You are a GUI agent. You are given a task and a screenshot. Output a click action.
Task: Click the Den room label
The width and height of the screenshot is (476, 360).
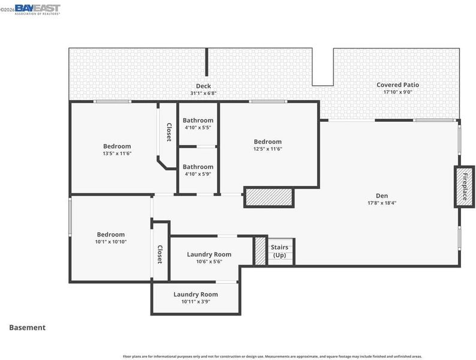pyautogui.click(x=382, y=196)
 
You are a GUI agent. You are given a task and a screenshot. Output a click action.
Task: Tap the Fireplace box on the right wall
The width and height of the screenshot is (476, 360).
pyautogui.click(x=464, y=187)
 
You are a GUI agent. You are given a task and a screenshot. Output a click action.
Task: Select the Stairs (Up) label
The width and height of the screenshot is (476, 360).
pyautogui.click(x=279, y=251)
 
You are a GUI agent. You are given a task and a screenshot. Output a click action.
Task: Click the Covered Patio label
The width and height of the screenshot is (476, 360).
pyautogui.click(x=397, y=85)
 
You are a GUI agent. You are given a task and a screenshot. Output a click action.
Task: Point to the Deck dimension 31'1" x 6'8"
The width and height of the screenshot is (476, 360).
pyautogui.click(x=203, y=93)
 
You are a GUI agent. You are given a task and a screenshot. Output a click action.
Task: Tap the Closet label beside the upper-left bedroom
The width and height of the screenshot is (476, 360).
pyautogui.click(x=169, y=132)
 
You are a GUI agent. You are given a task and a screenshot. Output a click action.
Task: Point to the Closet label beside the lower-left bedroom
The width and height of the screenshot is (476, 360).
pyautogui.click(x=159, y=254)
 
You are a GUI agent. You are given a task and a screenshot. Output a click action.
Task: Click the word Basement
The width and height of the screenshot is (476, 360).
pyautogui.click(x=28, y=328)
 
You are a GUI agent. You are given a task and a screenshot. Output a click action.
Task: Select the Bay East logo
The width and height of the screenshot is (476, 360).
pyautogui.click(x=37, y=9)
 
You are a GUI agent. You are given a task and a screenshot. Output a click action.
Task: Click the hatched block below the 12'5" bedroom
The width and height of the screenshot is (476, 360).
pyautogui.click(x=269, y=197)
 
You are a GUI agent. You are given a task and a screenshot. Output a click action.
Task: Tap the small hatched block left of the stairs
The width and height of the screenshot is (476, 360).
pyautogui.click(x=260, y=251)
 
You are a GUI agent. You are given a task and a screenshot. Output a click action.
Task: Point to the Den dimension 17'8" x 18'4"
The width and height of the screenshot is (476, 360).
pyautogui.click(x=382, y=203)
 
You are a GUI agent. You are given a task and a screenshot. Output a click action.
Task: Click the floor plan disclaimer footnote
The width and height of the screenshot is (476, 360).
pyautogui.click(x=272, y=356)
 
